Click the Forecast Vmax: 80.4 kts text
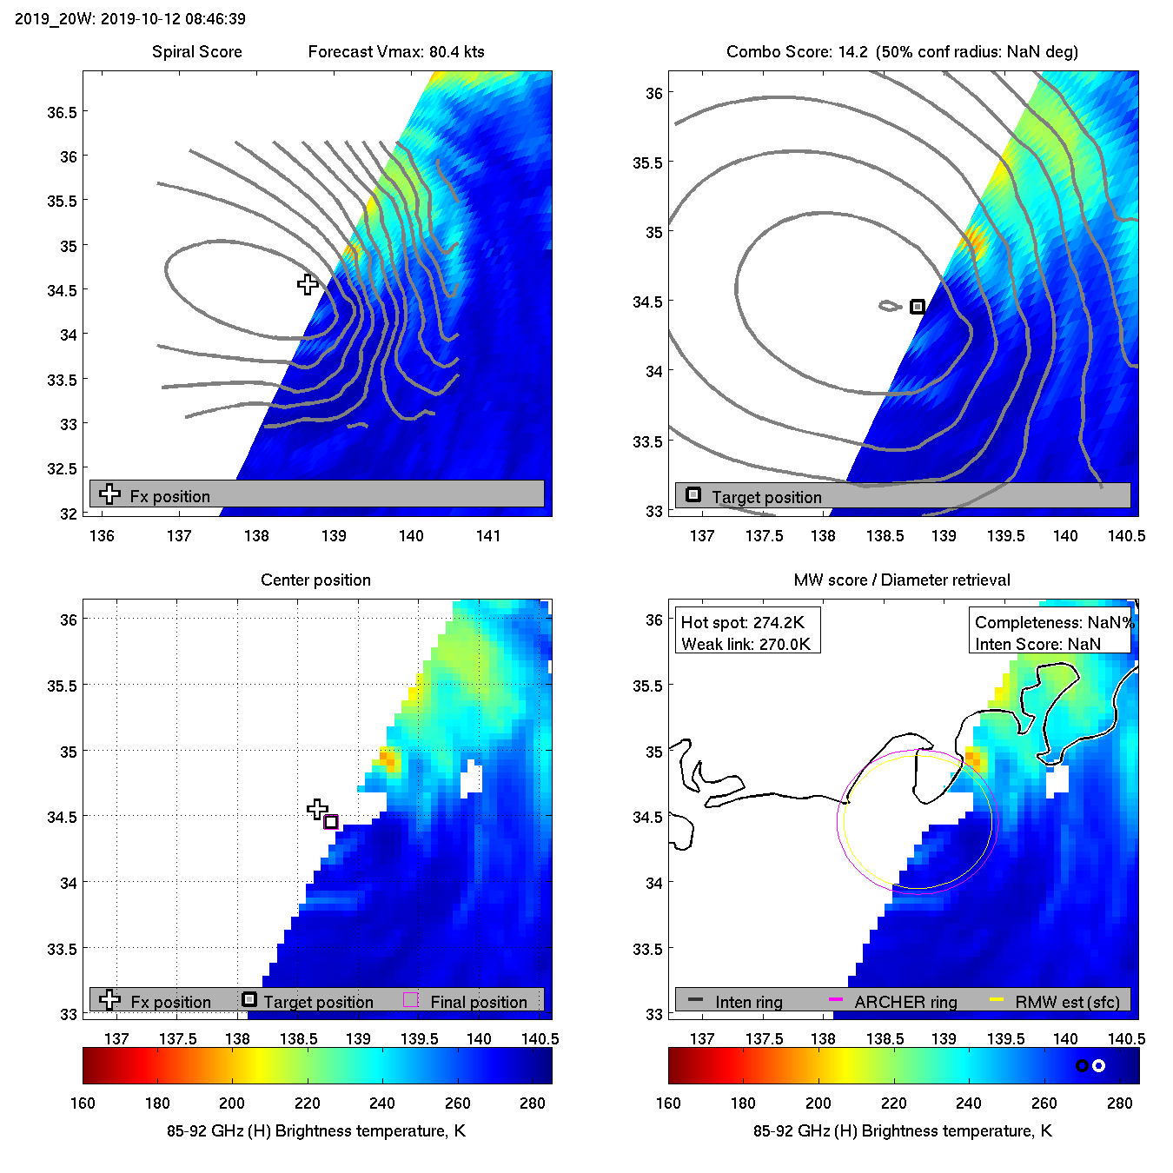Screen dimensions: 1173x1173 coord(396,52)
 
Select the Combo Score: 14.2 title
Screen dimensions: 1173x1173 coord(797,52)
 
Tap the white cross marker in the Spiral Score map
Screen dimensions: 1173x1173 coord(308,284)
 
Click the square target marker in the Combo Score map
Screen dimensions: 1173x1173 coord(918,307)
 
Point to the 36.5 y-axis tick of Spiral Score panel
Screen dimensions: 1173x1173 coord(62,113)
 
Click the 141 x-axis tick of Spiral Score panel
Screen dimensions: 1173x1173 coord(488,536)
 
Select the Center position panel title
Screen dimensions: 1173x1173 coord(315,580)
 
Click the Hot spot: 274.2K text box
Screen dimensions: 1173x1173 coord(743,623)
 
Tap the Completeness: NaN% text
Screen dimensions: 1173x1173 coord(1054,623)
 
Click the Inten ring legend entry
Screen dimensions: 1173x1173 coord(748,1002)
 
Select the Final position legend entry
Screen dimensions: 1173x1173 coord(478,1002)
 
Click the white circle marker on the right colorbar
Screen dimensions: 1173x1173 coord(1098,1065)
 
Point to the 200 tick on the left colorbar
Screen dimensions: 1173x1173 coord(232,1103)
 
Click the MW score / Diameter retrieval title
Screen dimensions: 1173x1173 coord(902,580)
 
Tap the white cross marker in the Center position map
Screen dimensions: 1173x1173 coord(317,809)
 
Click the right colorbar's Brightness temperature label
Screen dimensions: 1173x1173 coord(902,1130)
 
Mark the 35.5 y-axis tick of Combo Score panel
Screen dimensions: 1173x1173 coord(647,163)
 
